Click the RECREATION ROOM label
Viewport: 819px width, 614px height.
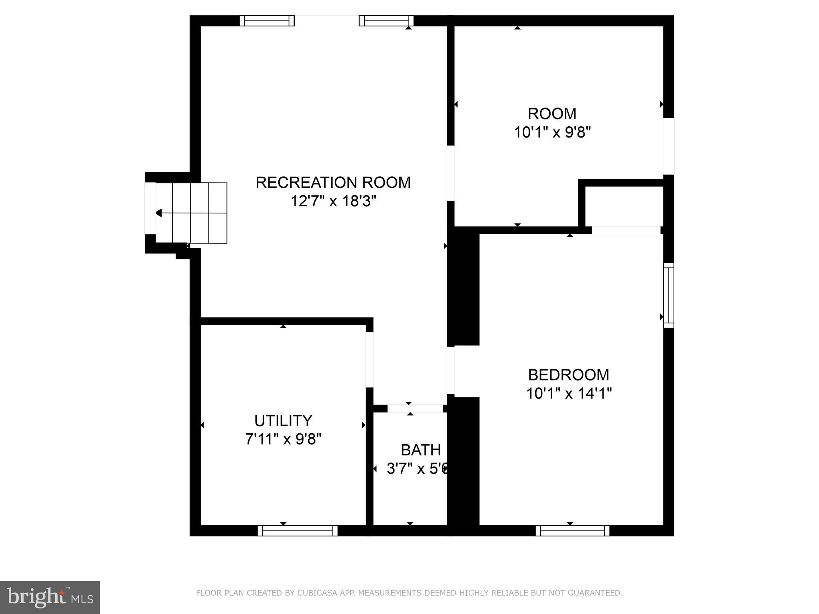pos(333,183)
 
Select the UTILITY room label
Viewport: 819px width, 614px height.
pos(283,421)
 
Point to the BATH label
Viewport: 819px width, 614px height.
pos(421,450)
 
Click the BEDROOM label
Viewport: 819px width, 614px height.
pos(569,375)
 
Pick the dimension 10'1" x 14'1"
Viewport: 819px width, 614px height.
pos(569,394)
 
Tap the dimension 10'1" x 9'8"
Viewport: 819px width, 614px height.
pos(552,132)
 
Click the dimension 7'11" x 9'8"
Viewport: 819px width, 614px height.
pos(283,440)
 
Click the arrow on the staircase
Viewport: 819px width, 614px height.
pos(159,213)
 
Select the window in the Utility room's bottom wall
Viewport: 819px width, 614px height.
pos(298,531)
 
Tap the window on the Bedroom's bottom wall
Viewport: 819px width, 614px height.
pos(572,531)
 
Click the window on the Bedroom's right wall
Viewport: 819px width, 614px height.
pos(669,295)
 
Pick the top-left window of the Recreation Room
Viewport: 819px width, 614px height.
pos(267,21)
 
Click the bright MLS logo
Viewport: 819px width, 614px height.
pos(50,597)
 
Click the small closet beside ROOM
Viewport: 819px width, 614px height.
pos(624,206)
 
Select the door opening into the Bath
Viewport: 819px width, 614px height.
pos(415,409)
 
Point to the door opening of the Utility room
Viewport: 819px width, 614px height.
pos(370,360)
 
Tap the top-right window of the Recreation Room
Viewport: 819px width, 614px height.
pos(386,21)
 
